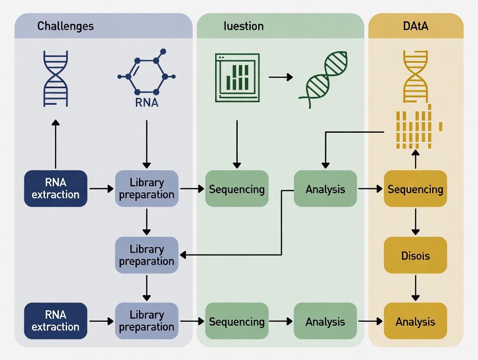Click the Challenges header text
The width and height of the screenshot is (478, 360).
(65, 26)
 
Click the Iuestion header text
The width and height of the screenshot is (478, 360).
(243, 26)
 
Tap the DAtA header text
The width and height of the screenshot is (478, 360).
(415, 26)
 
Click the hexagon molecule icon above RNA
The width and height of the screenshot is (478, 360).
(146, 75)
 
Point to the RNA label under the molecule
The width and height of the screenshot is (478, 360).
(146, 103)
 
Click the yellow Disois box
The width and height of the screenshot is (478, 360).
(415, 255)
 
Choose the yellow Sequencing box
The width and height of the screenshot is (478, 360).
(415, 189)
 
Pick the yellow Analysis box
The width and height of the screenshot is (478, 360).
(415, 321)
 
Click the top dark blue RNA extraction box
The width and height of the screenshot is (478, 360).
(55, 189)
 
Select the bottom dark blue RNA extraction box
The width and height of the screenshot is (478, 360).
(55, 321)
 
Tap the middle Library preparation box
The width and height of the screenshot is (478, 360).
(146, 255)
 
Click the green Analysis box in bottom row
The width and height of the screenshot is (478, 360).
(325, 321)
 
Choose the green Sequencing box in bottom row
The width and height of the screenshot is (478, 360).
(236, 321)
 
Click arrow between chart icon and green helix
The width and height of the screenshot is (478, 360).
(281, 77)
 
